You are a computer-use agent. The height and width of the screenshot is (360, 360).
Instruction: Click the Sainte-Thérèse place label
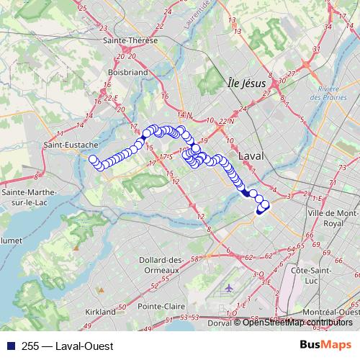pos(130,40)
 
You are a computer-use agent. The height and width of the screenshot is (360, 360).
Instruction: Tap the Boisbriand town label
pos(127,72)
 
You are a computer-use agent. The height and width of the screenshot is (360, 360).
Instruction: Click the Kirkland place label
pos(100,312)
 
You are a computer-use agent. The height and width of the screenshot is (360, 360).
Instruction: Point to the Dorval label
pos(220,323)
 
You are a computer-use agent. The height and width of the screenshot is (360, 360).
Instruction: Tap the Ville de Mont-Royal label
pos(332,219)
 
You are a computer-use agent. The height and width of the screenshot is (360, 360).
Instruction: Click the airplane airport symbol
pos(229,288)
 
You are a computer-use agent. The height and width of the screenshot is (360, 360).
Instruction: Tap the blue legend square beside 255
pos(8,346)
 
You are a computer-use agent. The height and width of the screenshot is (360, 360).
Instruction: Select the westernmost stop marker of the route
pos(93,159)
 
